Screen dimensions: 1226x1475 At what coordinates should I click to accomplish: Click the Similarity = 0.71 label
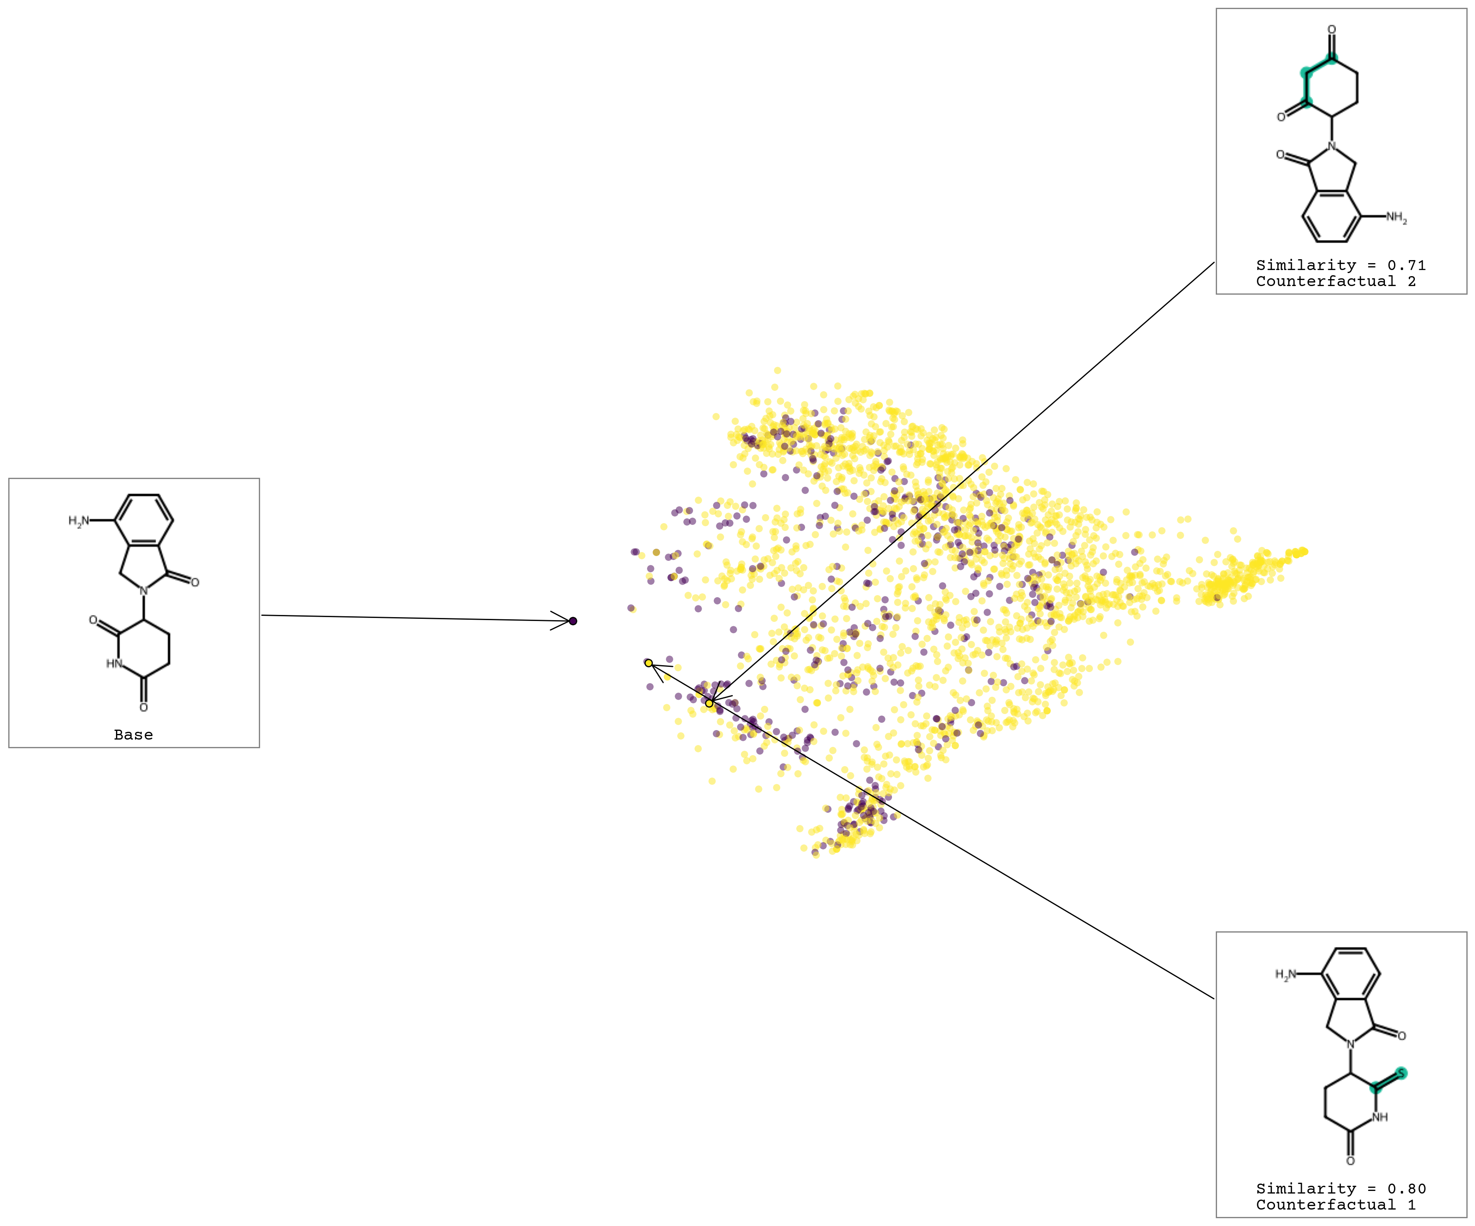[1340, 265]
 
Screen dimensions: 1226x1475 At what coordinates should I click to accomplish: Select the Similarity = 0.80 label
[1340, 1189]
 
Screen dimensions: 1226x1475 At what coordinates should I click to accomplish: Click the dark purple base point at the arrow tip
[573, 621]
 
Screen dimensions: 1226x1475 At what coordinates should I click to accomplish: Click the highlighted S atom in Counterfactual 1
[1401, 1073]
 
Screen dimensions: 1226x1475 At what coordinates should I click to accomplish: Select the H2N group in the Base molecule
[79, 521]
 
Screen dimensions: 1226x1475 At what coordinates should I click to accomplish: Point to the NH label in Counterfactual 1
[1379, 1117]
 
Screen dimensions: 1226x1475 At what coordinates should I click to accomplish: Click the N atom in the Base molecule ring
[144, 591]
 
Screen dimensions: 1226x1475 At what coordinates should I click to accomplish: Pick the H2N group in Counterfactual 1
[1285, 975]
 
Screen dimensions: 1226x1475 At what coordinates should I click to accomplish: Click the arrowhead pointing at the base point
[562, 620]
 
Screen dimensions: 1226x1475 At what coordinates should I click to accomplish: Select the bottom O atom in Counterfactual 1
[1350, 1161]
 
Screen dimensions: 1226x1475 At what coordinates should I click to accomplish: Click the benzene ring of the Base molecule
[144, 520]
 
